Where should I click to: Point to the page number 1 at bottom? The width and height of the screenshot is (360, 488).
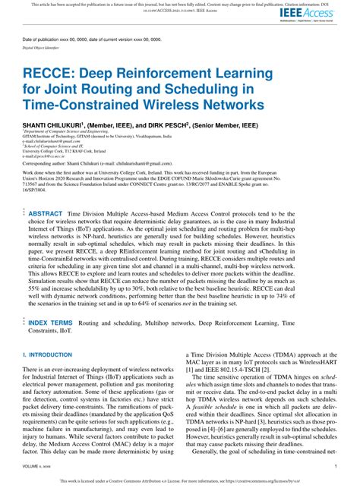click(x=336, y=466)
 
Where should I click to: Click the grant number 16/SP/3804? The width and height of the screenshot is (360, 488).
click(x=39, y=194)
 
